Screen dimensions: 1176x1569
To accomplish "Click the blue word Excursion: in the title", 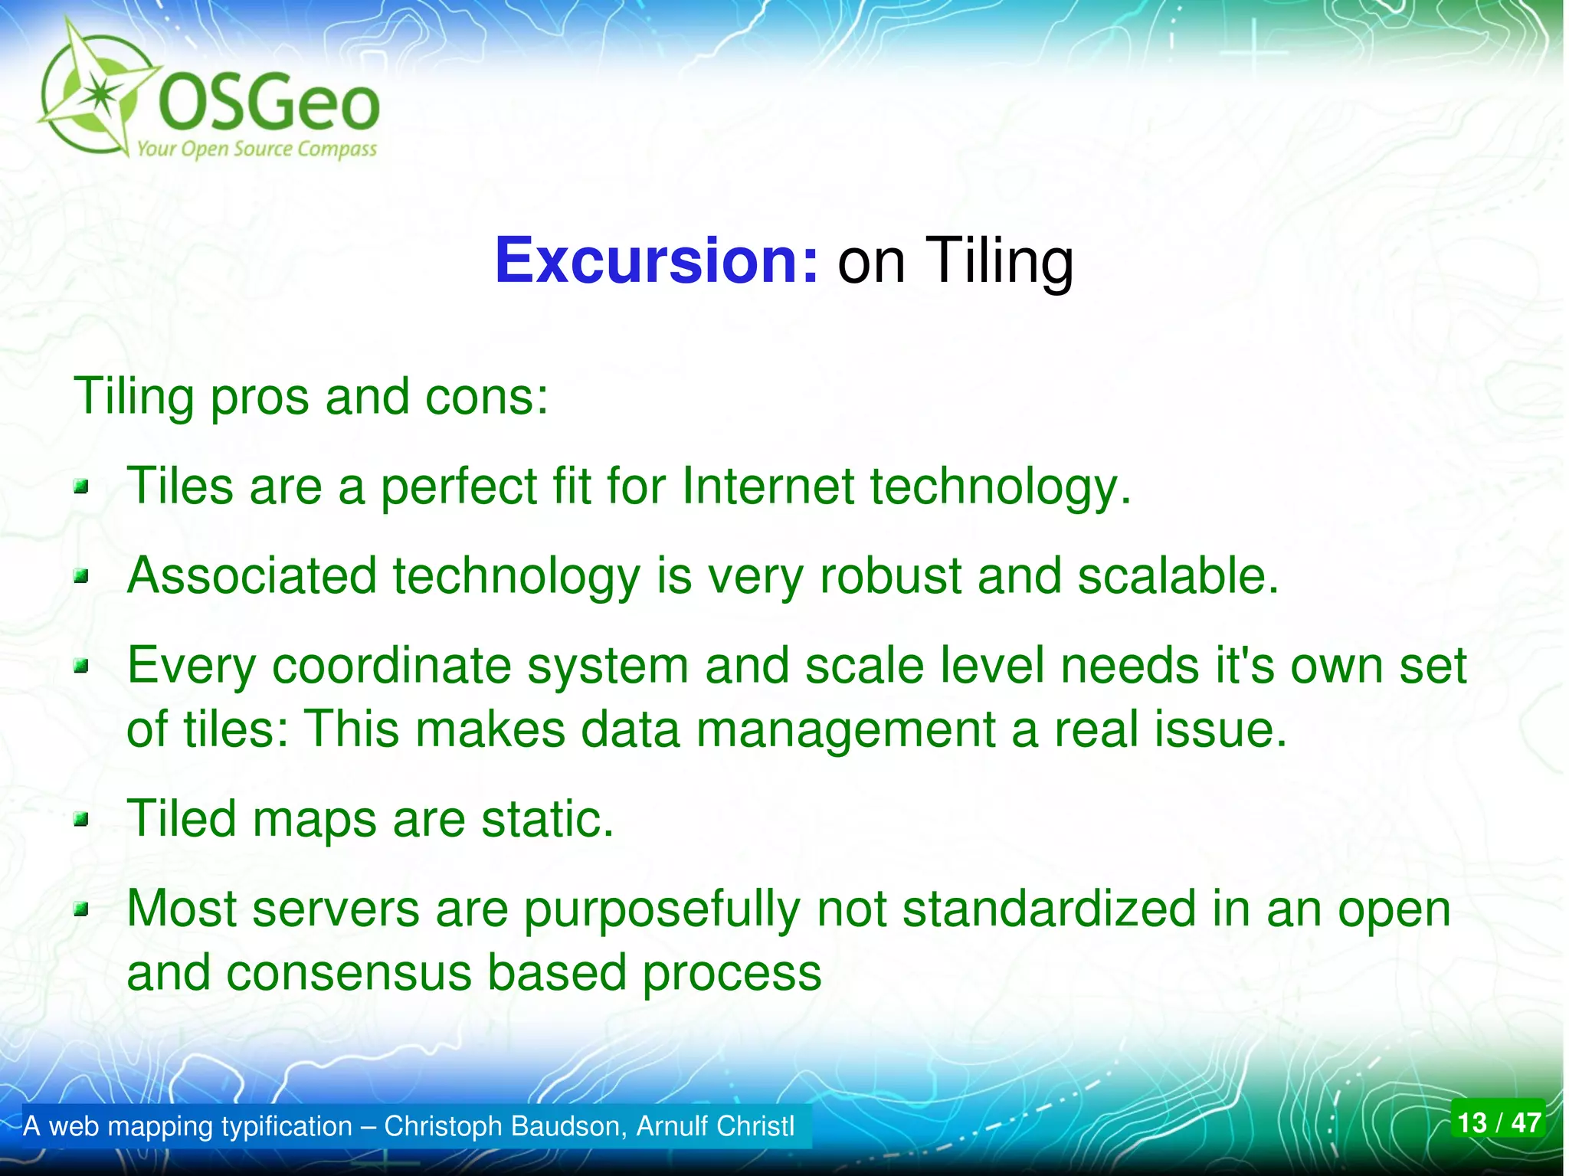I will (657, 261).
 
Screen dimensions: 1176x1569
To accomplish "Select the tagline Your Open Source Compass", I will (257, 149).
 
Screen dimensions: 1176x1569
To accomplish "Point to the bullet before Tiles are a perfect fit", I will (82, 486).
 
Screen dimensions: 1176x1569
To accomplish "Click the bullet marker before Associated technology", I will (82, 576).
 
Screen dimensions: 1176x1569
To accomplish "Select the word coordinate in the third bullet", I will (391, 666).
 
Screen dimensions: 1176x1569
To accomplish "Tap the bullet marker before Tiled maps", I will (82, 821).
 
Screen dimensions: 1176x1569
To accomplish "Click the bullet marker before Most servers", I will (82, 910).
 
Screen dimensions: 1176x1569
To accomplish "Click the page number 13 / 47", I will (1499, 1123).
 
